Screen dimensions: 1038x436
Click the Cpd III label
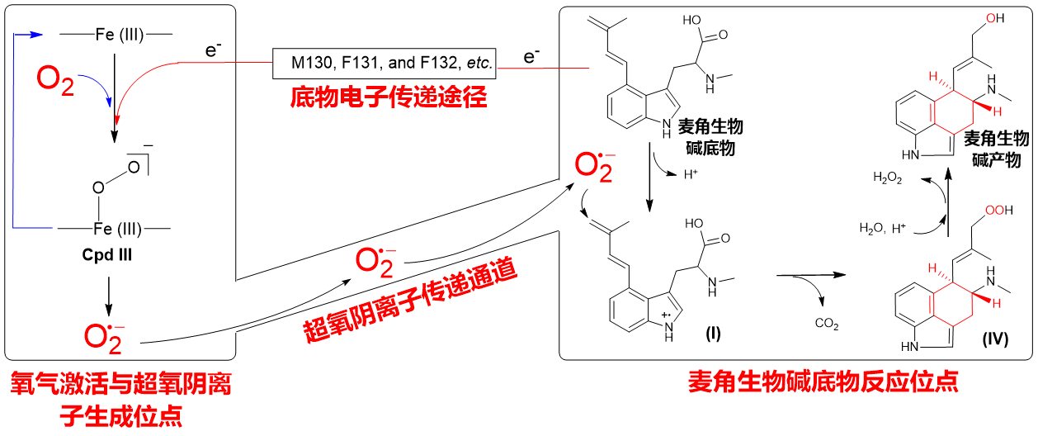(x=107, y=254)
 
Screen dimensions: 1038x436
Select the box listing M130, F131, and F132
(x=385, y=64)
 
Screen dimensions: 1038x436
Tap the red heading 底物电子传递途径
(x=389, y=97)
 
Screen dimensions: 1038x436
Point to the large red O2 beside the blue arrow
(x=55, y=81)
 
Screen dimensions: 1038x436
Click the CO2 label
(x=827, y=324)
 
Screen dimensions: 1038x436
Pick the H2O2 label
(x=887, y=178)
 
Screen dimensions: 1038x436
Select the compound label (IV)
(x=995, y=339)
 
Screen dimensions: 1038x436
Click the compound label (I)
(x=713, y=333)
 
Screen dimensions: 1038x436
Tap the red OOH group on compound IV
(x=998, y=210)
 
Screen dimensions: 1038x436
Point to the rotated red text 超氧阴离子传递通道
(x=409, y=299)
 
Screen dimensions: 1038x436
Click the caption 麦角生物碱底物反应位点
(x=823, y=381)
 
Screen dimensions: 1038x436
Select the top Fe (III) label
(x=120, y=35)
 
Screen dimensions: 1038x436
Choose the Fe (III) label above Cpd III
(x=118, y=229)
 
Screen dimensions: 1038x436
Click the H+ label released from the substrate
(x=691, y=174)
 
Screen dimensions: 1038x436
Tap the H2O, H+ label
(x=882, y=228)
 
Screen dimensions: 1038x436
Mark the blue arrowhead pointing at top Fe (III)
(x=37, y=35)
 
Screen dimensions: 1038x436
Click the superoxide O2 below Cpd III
(x=104, y=339)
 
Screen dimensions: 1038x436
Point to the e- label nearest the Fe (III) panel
(x=213, y=50)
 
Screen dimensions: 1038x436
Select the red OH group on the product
(x=995, y=18)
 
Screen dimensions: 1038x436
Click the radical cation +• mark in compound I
(x=666, y=315)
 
